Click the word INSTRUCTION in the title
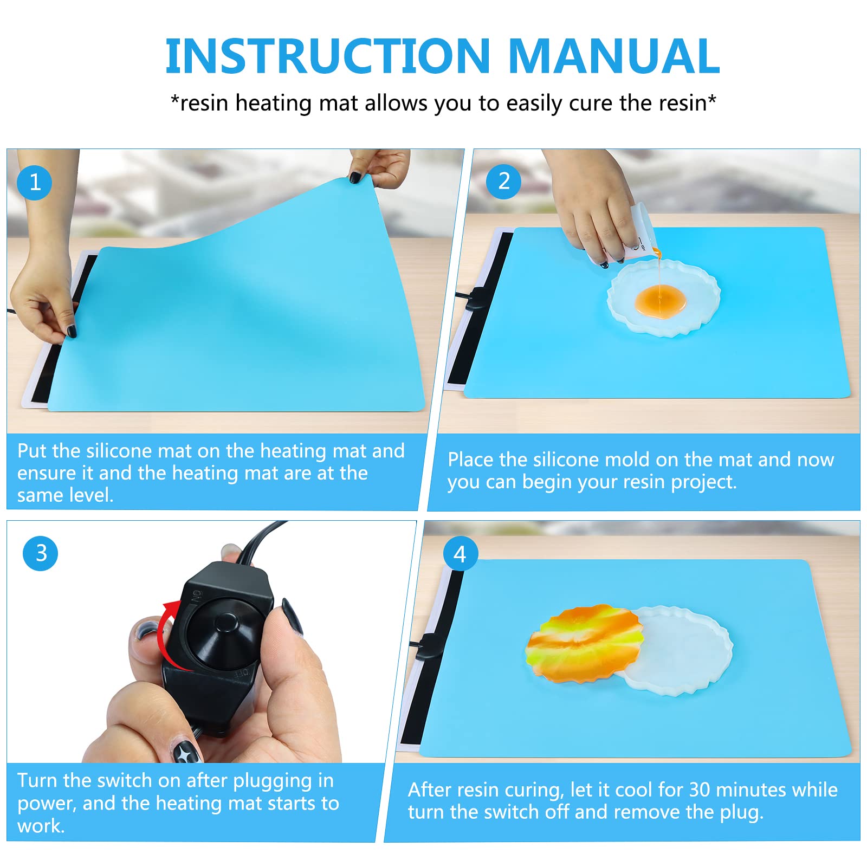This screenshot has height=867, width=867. pos(328,56)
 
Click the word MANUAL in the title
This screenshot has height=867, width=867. pos(614,56)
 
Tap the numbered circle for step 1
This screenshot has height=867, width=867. pos(35,183)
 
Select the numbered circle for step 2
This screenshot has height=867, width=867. pos(503,182)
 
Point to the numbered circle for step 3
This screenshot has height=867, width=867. pos(41,553)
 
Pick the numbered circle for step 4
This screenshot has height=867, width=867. pos(460,554)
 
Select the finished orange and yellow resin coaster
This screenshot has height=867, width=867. pos(584,643)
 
